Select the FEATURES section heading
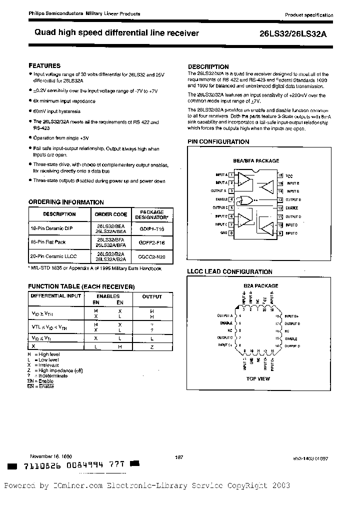click(x=44, y=65)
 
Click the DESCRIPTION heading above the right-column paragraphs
click(x=208, y=66)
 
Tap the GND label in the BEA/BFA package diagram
click(x=223, y=233)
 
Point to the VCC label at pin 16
click(x=289, y=175)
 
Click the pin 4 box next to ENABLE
click(x=231, y=199)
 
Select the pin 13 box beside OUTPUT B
click(x=280, y=199)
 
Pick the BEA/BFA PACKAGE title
click(x=256, y=161)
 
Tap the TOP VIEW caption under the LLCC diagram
click(x=258, y=378)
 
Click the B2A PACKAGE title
click(x=260, y=285)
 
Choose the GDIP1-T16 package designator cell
click(x=151, y=226)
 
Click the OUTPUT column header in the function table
click(x=152, y=296)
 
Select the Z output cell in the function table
click(x=152, y=346)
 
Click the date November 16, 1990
click(x=50, y=456)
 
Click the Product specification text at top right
click(x=309, y=15)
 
